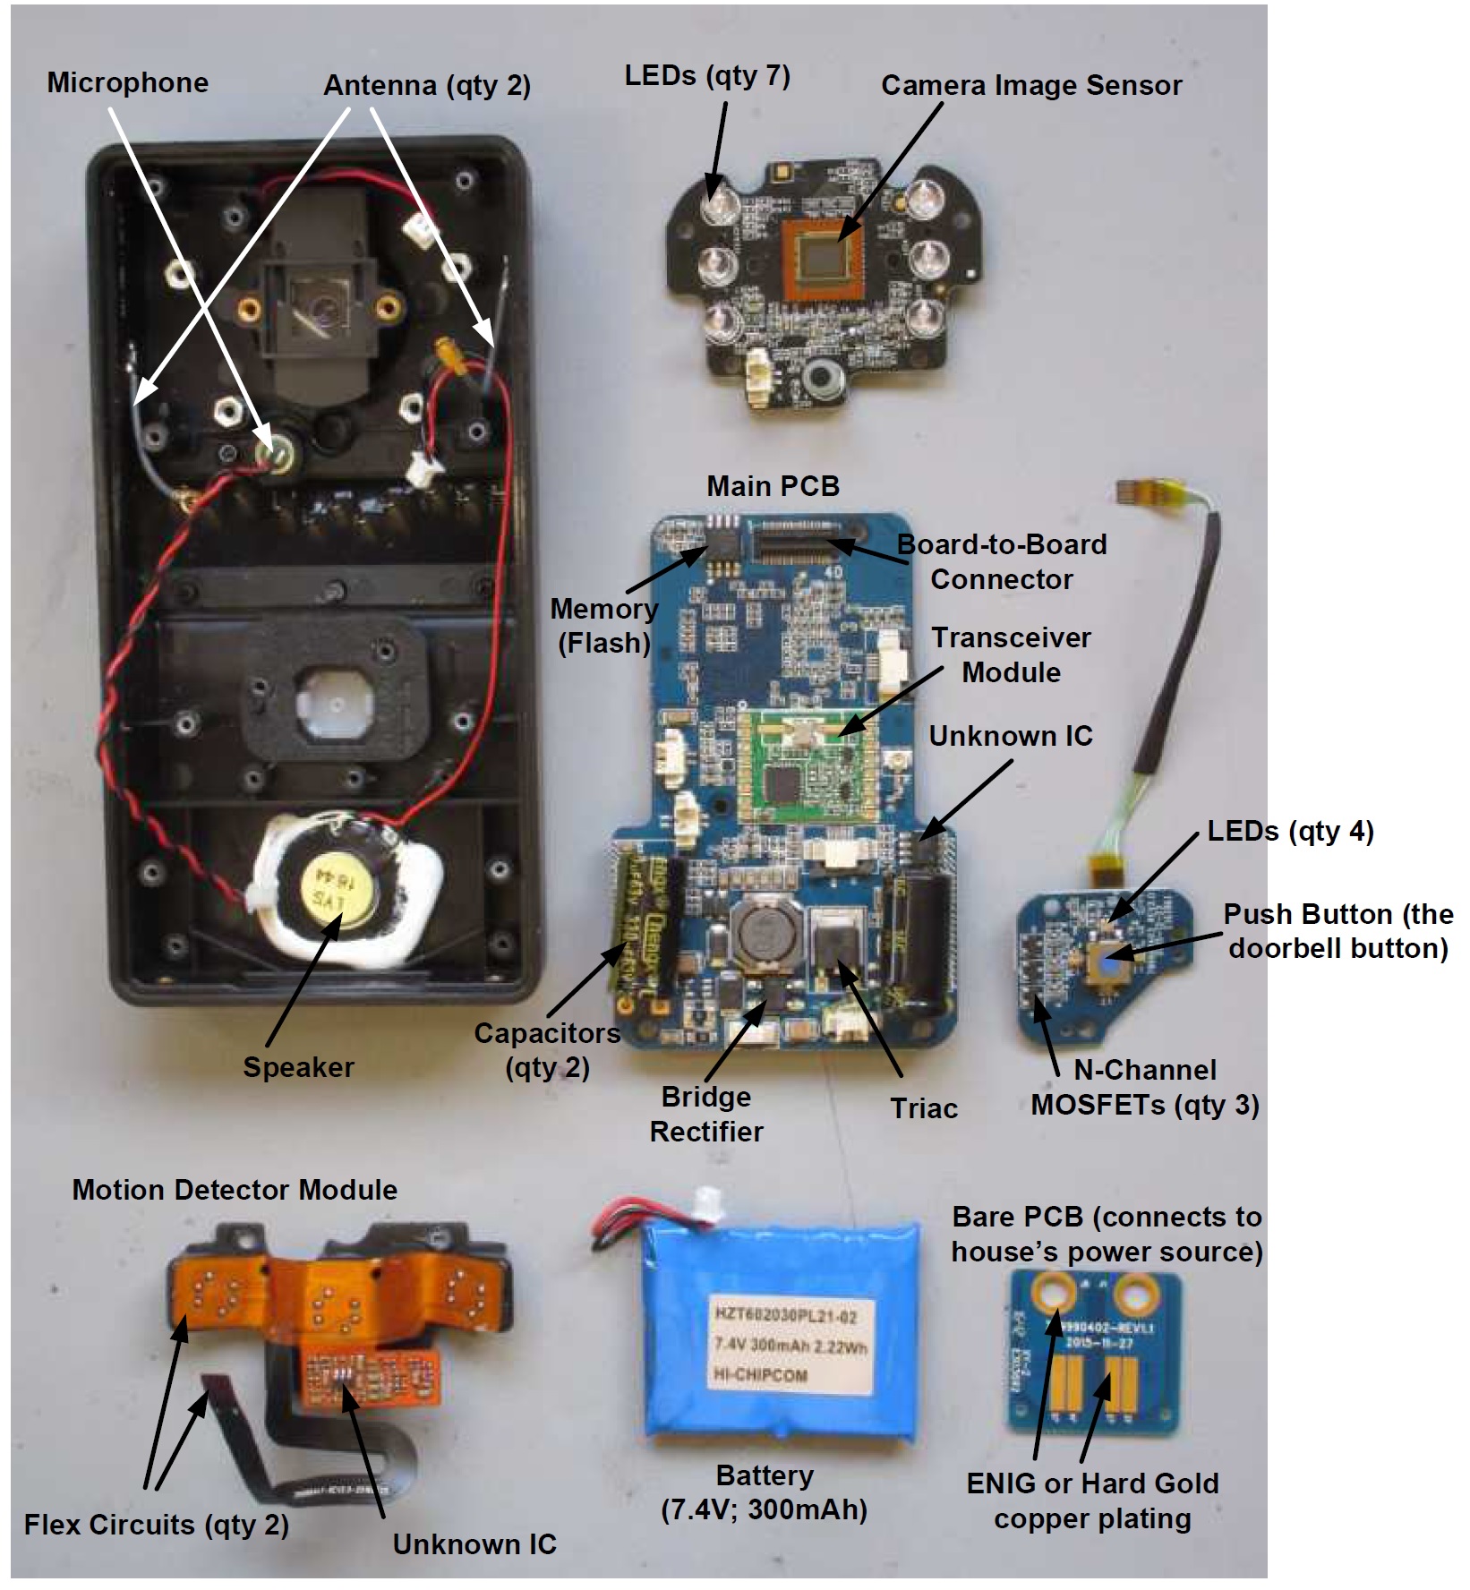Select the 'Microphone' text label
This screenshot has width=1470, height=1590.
click(x=127, y=82)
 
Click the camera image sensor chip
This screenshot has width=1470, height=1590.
click(x=823, y=258)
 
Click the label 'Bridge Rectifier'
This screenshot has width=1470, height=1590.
click(x=705, y=1114)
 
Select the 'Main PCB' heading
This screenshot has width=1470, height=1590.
click(x=773, y=486)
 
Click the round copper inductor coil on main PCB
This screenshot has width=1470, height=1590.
click(x=763, y=934)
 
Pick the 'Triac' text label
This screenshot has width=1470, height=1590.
click(x=923, y=1108)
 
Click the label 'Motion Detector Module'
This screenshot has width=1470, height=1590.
click(x=235, y=1190)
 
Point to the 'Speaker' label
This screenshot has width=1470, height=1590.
click(x=298, y=1066)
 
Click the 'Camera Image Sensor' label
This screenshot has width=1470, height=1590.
click(x=1030, y=85)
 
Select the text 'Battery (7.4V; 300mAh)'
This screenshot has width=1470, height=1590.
click(x=764, y=1492)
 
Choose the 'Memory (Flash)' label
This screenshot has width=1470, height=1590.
click(x=603, y=625)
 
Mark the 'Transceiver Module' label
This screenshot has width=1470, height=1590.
click(x=1011, y=654)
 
